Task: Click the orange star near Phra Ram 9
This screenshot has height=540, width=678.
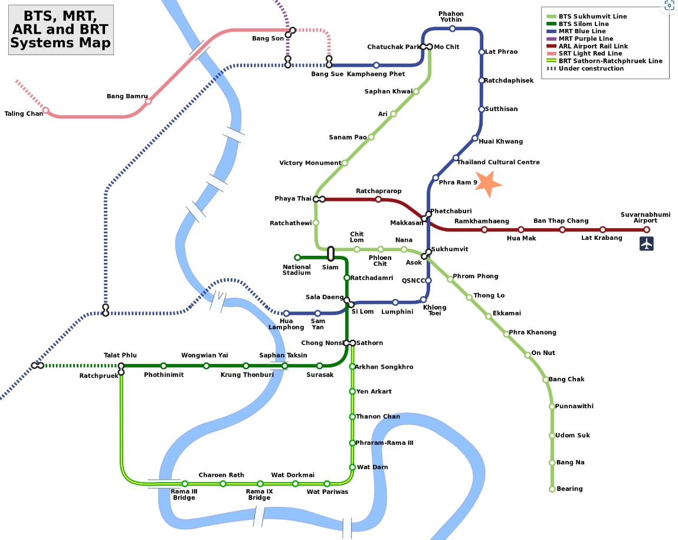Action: pos(488,184)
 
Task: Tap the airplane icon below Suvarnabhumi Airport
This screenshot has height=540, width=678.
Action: pos(647,243)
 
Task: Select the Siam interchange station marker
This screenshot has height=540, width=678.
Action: pos(330,254)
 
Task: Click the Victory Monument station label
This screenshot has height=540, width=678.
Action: pos(310,163)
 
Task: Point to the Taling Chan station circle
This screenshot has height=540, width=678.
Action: pos(46,110)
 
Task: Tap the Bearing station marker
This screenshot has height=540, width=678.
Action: pos(552,489)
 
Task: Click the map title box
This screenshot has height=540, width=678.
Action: pos(61,30)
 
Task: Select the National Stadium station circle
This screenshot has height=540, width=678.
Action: pos(297,257)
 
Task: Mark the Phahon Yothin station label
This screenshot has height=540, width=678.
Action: pos(451,17)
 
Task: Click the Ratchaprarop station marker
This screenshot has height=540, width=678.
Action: pos(378,200)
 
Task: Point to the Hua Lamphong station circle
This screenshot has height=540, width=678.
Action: pos(286,313)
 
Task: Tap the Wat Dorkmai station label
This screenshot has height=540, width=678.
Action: pos(293,475)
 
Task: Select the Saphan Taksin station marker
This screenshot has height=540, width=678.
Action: pos(284,366)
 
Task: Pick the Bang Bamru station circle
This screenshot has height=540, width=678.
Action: pos(148,101)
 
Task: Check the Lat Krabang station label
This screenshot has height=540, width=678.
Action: pos(601,238)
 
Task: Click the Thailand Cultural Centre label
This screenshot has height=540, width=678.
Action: pos(498,162)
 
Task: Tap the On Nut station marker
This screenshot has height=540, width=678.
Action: pos(528,355)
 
